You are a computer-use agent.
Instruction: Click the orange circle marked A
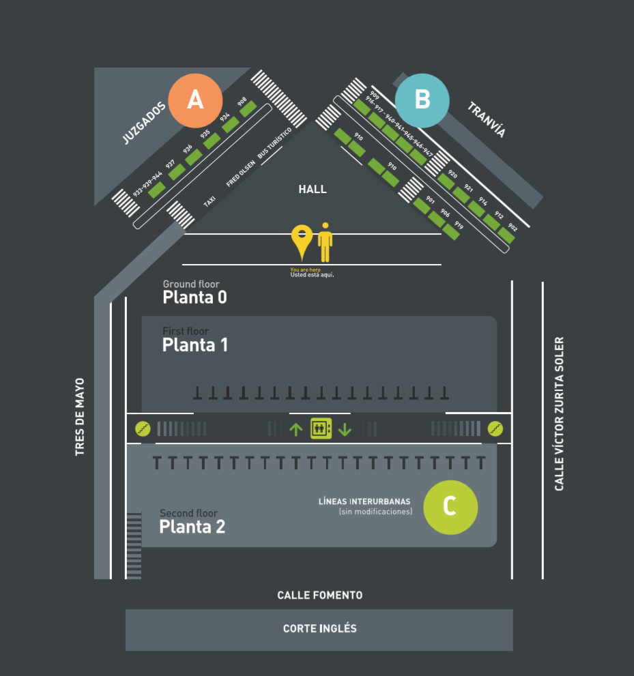click(x=195, y=100)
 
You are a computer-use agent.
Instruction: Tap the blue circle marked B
click(x=422, y=100)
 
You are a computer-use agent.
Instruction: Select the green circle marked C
click(x=450, y=507)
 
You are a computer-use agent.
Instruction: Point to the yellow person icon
click(x=326, y=242)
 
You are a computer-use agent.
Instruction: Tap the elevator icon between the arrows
click(x=321, y=429)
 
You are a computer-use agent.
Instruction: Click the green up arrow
click(x=296, y=429)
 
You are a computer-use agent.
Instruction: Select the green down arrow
click(x=345, y=429)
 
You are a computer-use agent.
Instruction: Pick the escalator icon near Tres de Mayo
click(x=143, y=428)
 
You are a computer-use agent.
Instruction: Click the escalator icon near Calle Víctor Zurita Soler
click(x=495, y=428)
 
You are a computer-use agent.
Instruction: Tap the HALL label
click(x=313, y=189)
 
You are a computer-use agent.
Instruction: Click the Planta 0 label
click(x=194, y=297)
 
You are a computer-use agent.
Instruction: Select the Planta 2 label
click(x=192, y=527)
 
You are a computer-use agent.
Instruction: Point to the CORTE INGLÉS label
click(x=319, y=628)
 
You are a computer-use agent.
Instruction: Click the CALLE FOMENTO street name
click(x=319, y=596)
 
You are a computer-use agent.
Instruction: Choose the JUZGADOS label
click(x=144, y=123)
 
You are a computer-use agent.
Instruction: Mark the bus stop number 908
click(x=242, y=102)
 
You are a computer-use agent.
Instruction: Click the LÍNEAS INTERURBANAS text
click(x=364, y=501)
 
